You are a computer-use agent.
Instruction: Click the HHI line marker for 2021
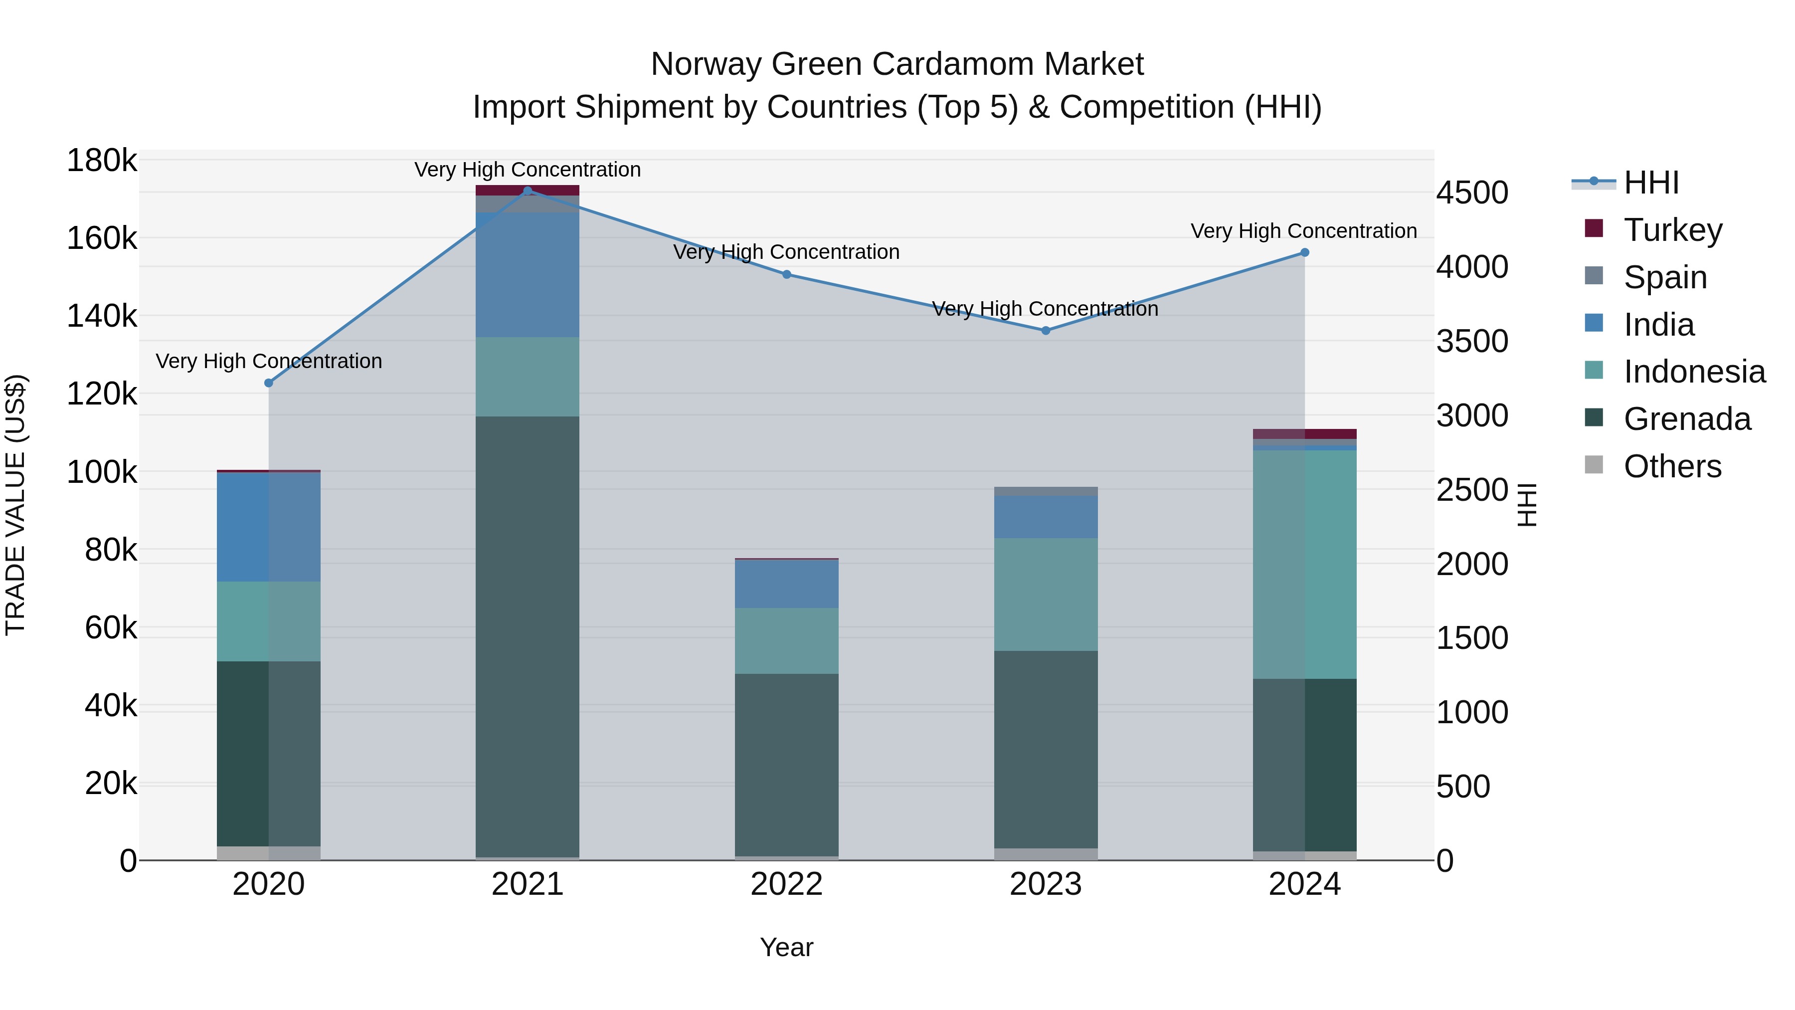(x=528, y=191)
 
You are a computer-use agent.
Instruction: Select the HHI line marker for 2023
(x=1045, y=330)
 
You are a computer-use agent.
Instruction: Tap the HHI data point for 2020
(x=269, y=383)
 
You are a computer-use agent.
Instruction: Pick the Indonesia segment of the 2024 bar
(x=1304, y=565)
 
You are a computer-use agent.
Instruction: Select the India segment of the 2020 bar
(x=269, y=527)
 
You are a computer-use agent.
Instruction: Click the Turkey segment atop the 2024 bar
(x=1304, y=433)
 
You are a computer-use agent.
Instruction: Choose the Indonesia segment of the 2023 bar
(x=1045, y=594)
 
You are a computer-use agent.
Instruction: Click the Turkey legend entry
(x=1672, y=229)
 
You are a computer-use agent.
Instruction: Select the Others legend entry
(x=1672, y=466)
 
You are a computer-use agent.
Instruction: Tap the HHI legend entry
(x=1651, y=183)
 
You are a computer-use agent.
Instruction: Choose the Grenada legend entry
(x=1686, y=418)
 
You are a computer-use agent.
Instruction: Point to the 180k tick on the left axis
(x=102, y=161)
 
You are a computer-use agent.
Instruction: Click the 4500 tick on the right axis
(x=1472, y=193)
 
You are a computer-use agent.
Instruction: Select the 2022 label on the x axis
(x=787, y=884)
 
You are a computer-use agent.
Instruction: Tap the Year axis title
(x=787, y=947)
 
